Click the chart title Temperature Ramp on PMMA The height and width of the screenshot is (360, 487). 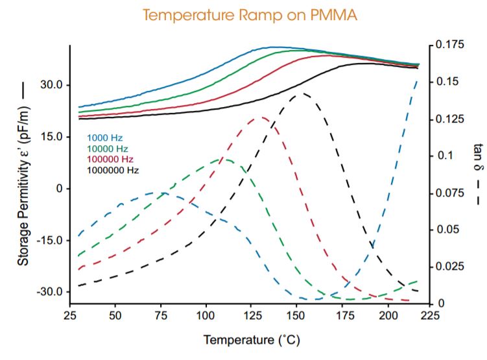click(250, 14)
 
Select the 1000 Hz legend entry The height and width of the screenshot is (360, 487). click(104, 138)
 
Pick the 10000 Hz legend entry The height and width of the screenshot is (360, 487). click(106, 149)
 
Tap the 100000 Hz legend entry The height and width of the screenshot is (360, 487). click(109, 160)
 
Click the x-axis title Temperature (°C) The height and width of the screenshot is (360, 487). click(252, 339)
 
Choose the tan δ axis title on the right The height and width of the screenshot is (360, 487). click(478, 173)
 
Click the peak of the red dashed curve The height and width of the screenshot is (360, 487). click(261, 117)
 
